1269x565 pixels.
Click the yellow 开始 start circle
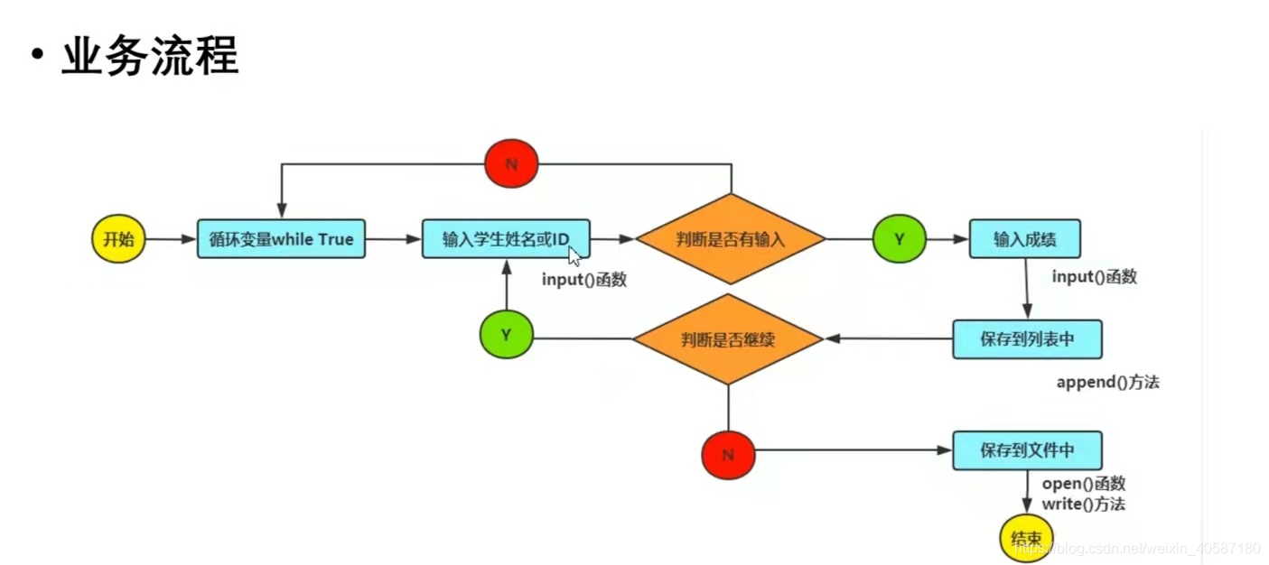tap(118, 239)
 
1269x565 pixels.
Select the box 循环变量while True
tap(281, 239)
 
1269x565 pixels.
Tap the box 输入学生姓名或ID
tap(506, 239)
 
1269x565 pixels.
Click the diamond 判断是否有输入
tap(731, 239)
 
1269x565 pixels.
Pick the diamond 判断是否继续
tap(728, 339)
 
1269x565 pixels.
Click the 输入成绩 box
tap(1024, 239)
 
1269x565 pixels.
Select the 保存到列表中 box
tap(1027, 339)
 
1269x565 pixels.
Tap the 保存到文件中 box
tap(1027, 449)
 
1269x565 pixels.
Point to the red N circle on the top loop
tap(511, 164)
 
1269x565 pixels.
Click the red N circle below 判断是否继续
tap(728, 455)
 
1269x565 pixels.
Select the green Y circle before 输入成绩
tap(900, 239)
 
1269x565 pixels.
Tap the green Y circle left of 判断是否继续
tap(507, 334)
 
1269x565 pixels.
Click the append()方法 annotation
tap(1107, 383)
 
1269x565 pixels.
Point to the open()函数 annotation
tap(1084, 485)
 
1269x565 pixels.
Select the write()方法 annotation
tap(1084, 505)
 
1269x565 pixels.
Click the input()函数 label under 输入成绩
tap(1094, 277)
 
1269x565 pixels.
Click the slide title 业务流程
tap(149, 57)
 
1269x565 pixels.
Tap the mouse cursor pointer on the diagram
tap(574, 254)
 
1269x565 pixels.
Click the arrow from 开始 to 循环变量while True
tap(171, 239)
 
